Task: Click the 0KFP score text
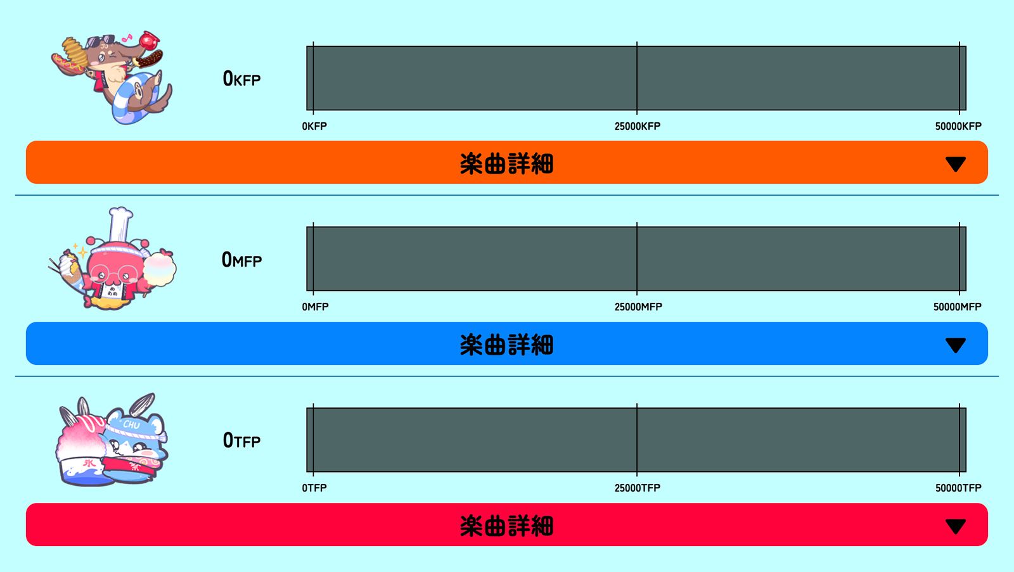(241, 79)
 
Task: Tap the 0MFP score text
(241, 260)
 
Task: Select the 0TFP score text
(241, 440)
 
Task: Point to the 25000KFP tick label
(638, 126)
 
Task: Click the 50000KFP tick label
(958, 126)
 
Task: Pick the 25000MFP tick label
(638, 307)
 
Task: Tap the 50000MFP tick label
(958, 307)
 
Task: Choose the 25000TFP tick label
(638, 488)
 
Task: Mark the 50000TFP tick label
(958, 488)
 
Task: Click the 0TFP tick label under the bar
(314, 488)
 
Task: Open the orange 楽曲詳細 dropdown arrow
(956, 164)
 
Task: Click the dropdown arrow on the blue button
(956, 345)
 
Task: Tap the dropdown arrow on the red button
(956, 526)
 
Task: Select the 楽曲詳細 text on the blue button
(506, 345)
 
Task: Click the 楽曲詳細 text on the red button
(506, 526)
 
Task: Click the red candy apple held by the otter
(149, 41)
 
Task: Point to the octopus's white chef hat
(120, 225)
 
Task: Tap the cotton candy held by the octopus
(159, 268)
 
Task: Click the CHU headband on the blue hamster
(134, 428)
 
